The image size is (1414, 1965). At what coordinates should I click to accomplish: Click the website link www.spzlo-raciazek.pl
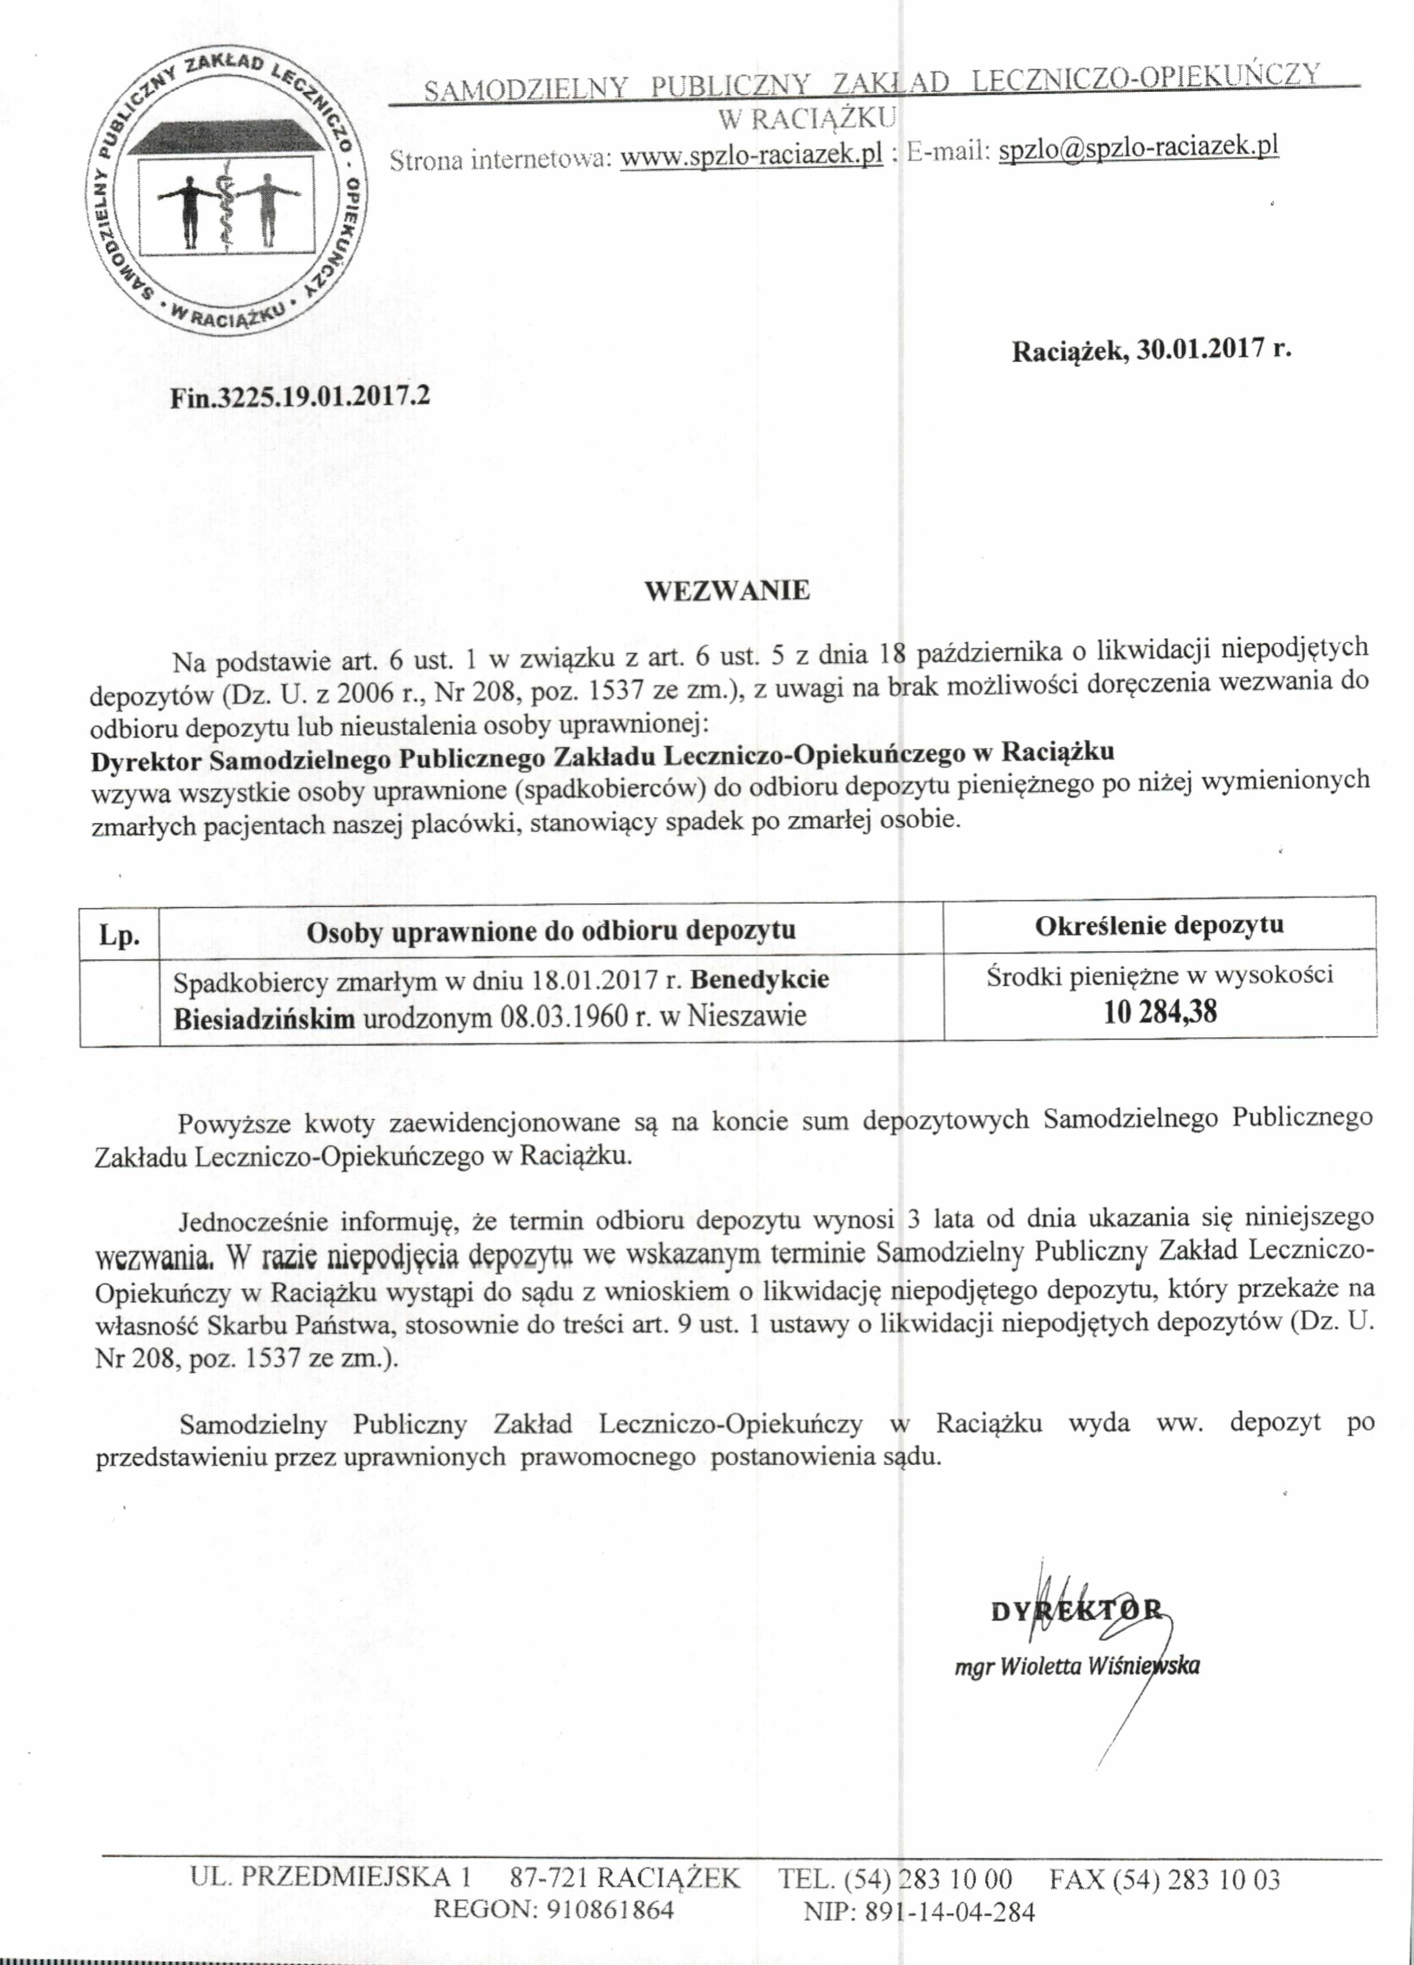point(751,155)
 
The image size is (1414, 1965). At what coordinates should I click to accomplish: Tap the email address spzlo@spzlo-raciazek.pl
point(1139,148)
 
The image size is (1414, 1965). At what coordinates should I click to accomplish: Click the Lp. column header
point(119,935)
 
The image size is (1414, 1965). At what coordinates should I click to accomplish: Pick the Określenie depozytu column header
point(1159,925)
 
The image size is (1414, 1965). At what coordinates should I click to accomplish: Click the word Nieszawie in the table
point(747,1015)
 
